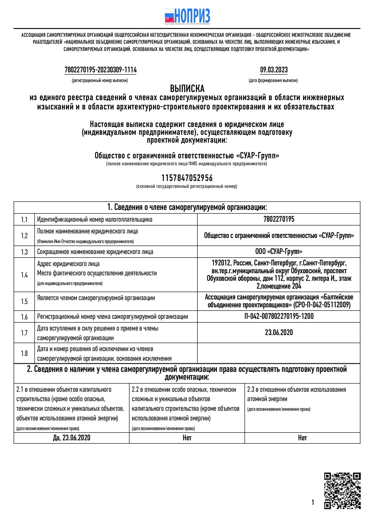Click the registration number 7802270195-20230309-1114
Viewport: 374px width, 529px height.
pyautogui.click(x=101, y=70)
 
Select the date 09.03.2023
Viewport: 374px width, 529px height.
pyautogui.click(x=274, y=70)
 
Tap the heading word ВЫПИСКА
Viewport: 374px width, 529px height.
pyautogui.click(x=187, y=89)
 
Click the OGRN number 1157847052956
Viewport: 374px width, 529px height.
pyautogui.click(x=187, y=178)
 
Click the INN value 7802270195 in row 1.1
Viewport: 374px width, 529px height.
pyautogui.click(x=279, y=219)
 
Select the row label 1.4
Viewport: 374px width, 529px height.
pyautogui.click(x=24, y=275)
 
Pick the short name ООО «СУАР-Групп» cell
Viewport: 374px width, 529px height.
pyautogui.click(x=279, y=252)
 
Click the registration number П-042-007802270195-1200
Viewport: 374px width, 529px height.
pyautogui.click(x=279, y=316)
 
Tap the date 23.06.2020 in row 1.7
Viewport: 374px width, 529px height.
pyautogui.click(x=279, y=332)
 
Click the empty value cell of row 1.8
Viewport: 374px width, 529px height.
pyautogui.click(x=279, y=353)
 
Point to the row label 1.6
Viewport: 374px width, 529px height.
pyautogui.click(x=24, y=317)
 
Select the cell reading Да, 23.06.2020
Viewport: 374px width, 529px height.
pyautogui.click(x=71, y=438)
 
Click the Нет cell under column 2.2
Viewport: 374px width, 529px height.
pyautogui.click(x=187, y=438)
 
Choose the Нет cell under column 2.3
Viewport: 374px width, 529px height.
pyautogui.click(x=302, y=438)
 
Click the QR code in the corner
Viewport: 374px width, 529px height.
pyautogui.click(x=342, y=491)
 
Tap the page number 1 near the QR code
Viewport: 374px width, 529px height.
pyautogui.click(x=313, y=502)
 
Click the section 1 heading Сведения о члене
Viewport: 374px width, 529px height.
pyautogui.click(x=187, y=207)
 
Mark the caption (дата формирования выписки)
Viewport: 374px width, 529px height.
pyautogui.click(x=273, y=81)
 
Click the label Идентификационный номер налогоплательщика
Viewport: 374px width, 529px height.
pyautogui.click(x=95, y=220)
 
